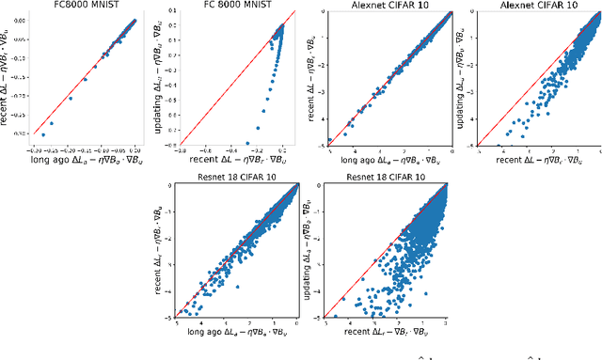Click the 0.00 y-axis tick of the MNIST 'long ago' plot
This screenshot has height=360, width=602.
(24, 19)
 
